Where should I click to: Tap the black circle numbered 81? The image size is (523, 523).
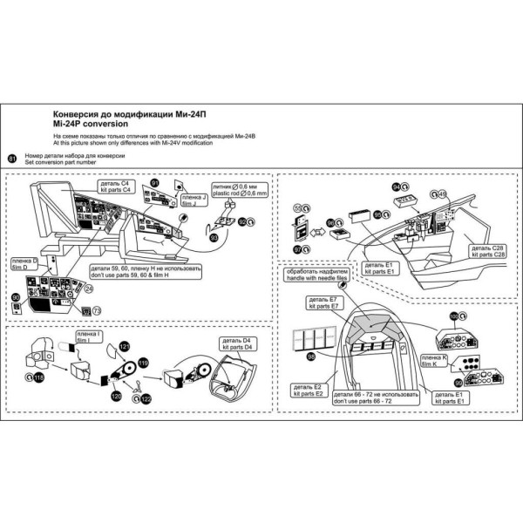[x=11, y=158]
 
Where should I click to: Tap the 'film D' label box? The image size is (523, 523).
[x=24, y=263]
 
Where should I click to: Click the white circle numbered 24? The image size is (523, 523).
[x=88, y=288]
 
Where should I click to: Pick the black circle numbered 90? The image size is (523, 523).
[x=16, y=298]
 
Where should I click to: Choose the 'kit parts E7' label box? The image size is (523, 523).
[x=326, y=304]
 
